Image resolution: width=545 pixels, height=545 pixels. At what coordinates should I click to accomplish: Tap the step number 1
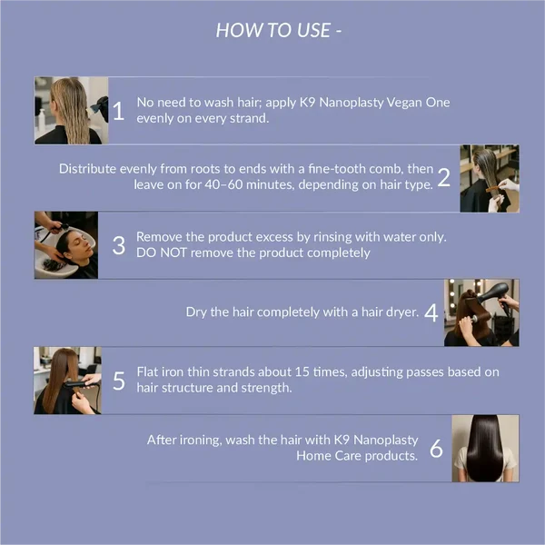click(118, 111)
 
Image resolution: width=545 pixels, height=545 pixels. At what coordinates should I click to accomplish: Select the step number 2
click(444, 177)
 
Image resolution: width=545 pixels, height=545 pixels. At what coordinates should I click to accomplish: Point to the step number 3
click(119, 245)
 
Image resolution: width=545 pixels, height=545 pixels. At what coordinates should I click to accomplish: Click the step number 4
click(431, 312)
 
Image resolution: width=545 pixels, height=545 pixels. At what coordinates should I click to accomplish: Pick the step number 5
click(119, 381)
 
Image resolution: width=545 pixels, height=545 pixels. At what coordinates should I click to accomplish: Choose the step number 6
click(436, 448)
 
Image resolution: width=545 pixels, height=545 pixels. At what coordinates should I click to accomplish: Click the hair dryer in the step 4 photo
click(494, 294)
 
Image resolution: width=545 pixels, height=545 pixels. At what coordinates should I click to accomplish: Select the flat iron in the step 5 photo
click(78, 384)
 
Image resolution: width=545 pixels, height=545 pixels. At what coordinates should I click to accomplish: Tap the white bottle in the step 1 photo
click(42, 120)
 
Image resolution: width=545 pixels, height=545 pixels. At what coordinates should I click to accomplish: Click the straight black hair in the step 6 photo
click(485, 449)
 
